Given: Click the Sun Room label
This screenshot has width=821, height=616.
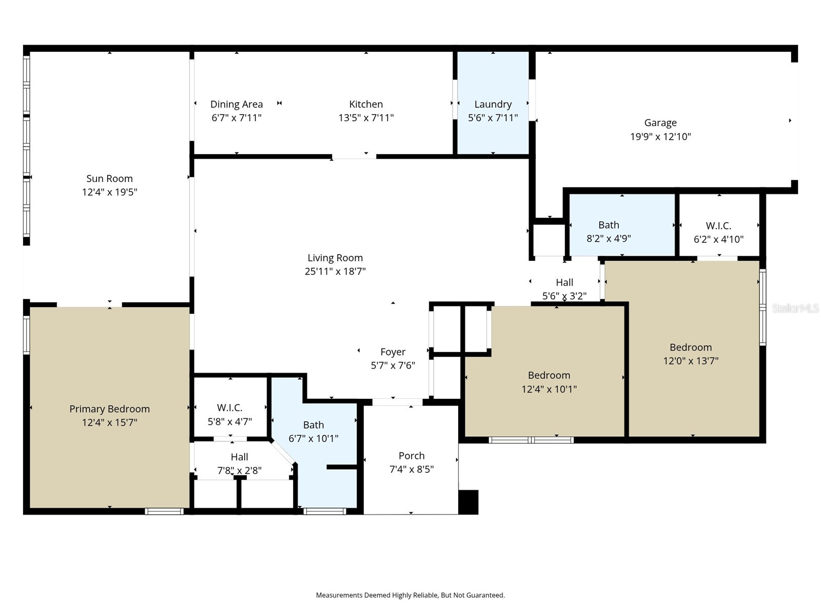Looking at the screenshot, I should (109, 179).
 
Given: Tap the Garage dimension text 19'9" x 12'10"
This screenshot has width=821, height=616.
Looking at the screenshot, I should (660, 137).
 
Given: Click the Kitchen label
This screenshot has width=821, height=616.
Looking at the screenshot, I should (366, 104).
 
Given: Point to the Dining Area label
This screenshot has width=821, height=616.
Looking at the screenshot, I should (237, 104).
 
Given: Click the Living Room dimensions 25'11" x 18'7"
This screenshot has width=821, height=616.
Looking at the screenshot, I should (335, 272).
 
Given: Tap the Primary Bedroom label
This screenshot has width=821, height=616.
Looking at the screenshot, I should (109, 409).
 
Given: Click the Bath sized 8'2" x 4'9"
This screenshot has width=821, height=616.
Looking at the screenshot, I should (609, 231).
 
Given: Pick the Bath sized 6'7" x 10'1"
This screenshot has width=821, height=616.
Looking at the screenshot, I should (314, 431).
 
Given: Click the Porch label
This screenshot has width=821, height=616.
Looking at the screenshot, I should (412, 456).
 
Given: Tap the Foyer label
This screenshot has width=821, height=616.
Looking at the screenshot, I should (393, 352).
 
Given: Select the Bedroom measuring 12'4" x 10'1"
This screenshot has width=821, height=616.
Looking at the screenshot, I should (549, 382).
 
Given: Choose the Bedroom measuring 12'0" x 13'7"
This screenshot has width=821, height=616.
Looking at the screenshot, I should (691, 354).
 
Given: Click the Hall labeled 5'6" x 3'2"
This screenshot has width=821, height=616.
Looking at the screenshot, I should (564, 288).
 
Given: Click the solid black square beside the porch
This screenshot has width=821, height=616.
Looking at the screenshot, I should (468, 502).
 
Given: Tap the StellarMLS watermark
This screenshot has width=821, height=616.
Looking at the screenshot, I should (795, 309).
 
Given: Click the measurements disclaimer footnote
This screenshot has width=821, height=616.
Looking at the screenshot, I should (410, 595).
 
